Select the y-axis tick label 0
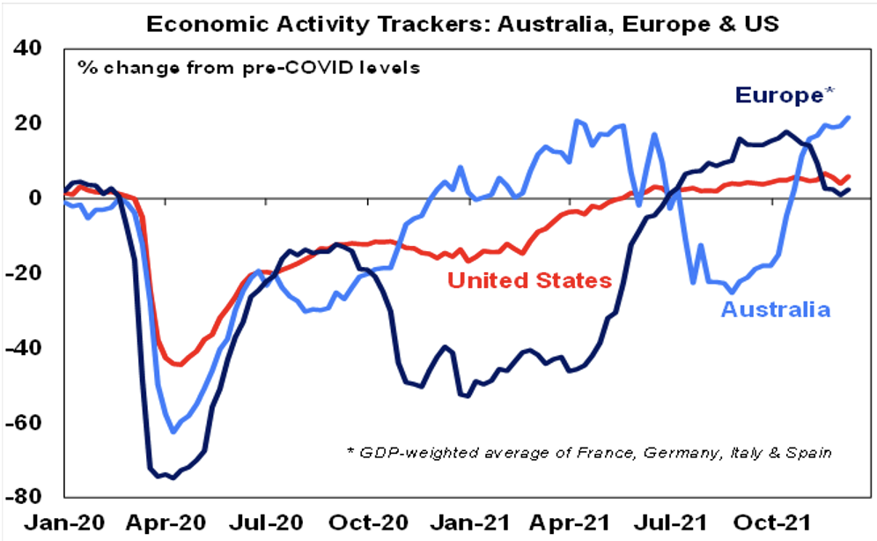point(40,197)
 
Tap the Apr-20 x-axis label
point(168,522)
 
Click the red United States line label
point(529,281)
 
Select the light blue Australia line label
point(775,309)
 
